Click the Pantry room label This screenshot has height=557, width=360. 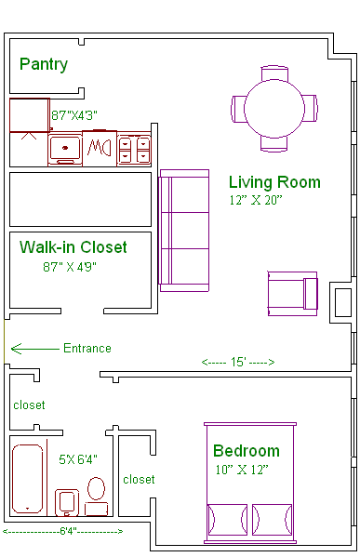pyautogui.click(x=44, y=65)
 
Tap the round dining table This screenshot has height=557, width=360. pyautogui.click(x=274, y=109)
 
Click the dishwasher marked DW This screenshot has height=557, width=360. pyautogui.click(x=100, y=148)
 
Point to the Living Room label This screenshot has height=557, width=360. pyautogui.click(x=274, y=182)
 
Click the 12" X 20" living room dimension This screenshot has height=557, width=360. pyautogui.click(x=256, y=200)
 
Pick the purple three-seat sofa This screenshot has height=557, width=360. pyautogui.click(x=184, y=231)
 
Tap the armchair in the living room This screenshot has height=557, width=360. pyautogui.click(x=292, y=294)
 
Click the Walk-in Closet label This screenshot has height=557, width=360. pyautogui.click(x=73, y=247)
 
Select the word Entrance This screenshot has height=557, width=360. pyautogui.click(x=87, y=348)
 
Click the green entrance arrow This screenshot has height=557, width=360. pyautogui.click(x=34, y=349)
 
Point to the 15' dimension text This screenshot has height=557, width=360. pyautogui.click(x=238, y=362)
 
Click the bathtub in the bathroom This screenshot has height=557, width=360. pyautogui.click(x=27, y=479)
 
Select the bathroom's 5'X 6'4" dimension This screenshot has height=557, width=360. pyautogui.click(x=78, y=459)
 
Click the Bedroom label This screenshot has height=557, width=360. pyautogui.click(x=247, y=451)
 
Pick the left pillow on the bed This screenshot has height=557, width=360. pyautogui.click(x=228, y=520)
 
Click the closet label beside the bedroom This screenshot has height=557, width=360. pyautogui.click(x=139, y=480)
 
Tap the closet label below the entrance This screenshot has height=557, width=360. pyautogui.click(x=29, y=404)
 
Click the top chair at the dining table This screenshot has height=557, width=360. pyautogui.click(x=274, y=73)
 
